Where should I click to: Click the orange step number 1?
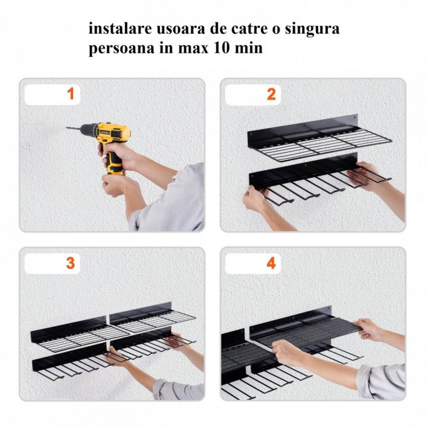(71, 94)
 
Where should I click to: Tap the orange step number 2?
(271, 94)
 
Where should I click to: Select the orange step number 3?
(70, 263)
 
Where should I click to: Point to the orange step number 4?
(271, 263)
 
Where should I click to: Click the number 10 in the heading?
(221, 48)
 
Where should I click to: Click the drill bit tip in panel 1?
(67, 127)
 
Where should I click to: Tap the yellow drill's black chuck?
(89, 130)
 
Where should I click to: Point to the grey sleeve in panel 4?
(381, 381)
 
